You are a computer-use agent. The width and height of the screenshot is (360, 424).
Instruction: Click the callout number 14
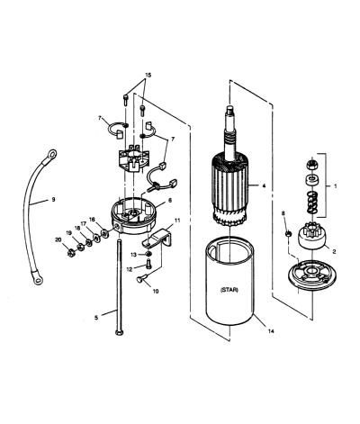point(271,331)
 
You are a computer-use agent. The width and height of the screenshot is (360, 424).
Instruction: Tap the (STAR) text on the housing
point(229,290)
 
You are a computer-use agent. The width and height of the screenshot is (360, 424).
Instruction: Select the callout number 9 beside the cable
point(53,199)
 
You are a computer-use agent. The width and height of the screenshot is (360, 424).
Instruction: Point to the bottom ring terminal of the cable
point(38,279)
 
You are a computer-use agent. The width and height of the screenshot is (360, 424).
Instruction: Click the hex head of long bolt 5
point(118,332)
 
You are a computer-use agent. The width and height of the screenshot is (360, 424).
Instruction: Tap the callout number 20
point(58,239)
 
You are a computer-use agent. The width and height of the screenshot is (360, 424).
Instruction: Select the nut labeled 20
point(71,254)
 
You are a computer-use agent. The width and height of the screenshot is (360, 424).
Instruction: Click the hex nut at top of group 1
point(311,165)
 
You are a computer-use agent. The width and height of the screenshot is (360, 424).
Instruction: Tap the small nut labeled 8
point(288,234)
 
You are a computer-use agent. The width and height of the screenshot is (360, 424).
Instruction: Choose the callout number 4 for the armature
point(264,186)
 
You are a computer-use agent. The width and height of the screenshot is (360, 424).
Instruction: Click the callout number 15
point(148,75)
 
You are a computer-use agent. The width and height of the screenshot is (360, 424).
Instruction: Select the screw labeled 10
point(140,279)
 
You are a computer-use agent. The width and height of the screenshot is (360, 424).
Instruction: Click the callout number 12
point(130,269)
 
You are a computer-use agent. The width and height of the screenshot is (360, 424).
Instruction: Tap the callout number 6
point(170,200)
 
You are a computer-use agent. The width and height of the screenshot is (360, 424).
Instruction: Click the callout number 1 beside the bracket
point(336,186)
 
